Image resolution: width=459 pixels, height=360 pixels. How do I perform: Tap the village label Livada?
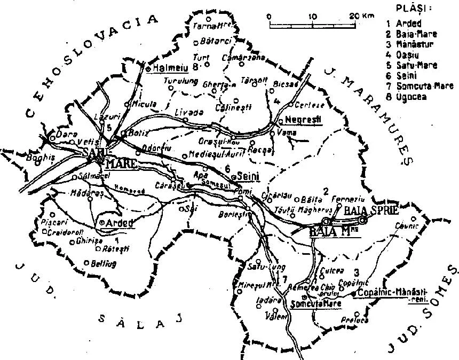pyautogui.click(x=189, y=112)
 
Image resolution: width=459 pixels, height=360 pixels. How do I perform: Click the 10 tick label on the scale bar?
pyautogui.click(x=312, y=17)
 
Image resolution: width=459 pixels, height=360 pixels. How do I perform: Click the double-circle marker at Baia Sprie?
pyautogui.click(x=363, y=220)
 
